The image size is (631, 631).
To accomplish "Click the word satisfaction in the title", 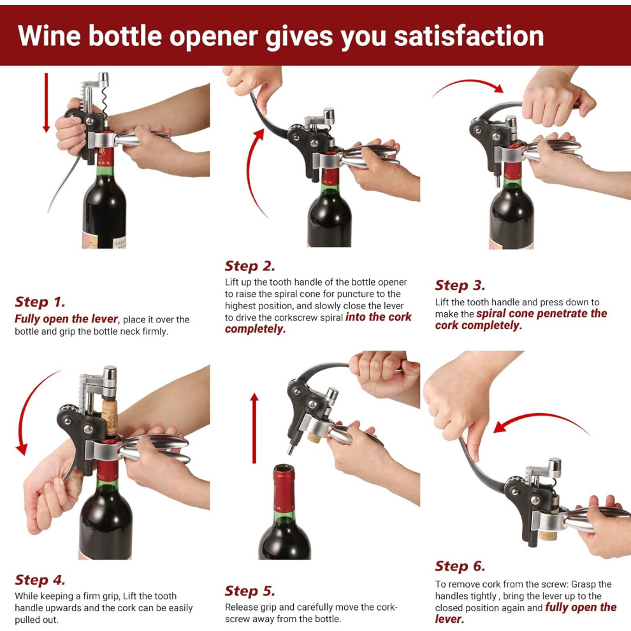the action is [469, 36].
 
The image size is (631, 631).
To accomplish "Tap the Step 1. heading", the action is [40, 302].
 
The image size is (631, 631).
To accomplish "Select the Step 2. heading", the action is [250, 266].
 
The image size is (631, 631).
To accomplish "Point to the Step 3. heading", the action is [460, 286].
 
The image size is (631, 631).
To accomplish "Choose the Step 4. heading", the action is [40, 580].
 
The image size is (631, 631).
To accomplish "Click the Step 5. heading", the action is [250, 591].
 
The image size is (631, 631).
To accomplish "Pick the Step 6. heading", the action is [460, 566].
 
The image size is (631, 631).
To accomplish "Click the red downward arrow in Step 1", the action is [47, 103].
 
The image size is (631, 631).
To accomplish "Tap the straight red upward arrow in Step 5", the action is [254, 428].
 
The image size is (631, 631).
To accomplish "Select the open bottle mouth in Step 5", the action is [284, 468].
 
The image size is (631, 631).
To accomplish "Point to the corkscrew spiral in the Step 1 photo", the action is [105, 103].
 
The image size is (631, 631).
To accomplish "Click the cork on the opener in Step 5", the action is [314, 437].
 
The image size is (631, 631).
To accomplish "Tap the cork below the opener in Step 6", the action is [548, 535].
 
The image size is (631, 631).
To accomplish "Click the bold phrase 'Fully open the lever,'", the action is [67, 319].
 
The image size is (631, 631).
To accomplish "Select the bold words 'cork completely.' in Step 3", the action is [479, 325].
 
